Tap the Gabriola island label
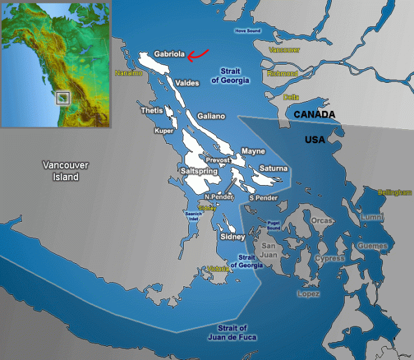pyautogui.click(x=169, y=54)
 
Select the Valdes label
pyautogui.click(x=186, y=83)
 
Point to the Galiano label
pyautogui.click(x=211, y=116)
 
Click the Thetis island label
pyautogui.click(x=152, y=111)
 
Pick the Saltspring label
pyautogui.click(x=199, y=171)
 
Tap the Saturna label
pyautogui.click(x=273, y=168)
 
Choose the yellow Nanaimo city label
pyautogui.click(x=128, y=73)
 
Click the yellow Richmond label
pyautogui.click(x=282, y=74)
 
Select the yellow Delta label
pyautogui.click(x=291, y=97)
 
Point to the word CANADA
pyautogui.click(x=314, y=115)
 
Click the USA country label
pyautogui.click(x=315, y=140)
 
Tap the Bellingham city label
pyautogui.click(x=395, y=192)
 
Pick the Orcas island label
pyautogui.click(x=321, y=220)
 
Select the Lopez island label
pyautogui.click(x=308, y=294)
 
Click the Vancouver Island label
pyautogui.click(x=66, y=171)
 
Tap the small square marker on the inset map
pyautogui.click(x=63, y=97)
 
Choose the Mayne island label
pyautogui.click(x=253, y=150)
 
